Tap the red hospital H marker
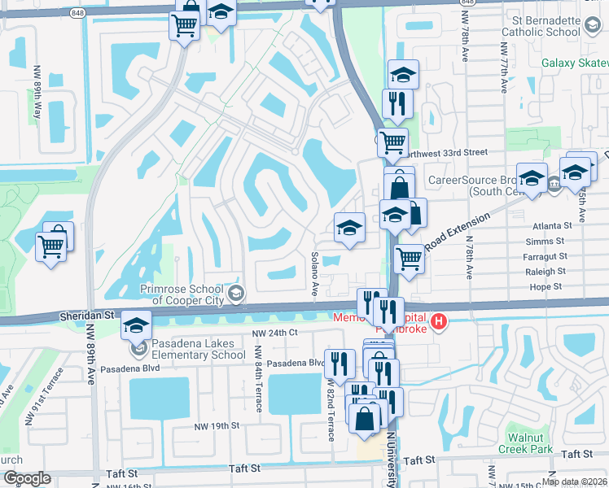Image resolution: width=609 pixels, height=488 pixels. [x=440, y=323]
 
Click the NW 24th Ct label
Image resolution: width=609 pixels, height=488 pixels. [x=275, y=333]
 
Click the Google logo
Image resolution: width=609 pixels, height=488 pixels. [x=27, y=478]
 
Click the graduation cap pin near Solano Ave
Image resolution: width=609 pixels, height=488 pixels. [x=349, y=227]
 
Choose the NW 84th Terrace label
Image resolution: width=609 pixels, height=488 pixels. [x=258, y=387]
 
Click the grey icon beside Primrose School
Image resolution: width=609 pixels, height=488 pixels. [x=236, y=293]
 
